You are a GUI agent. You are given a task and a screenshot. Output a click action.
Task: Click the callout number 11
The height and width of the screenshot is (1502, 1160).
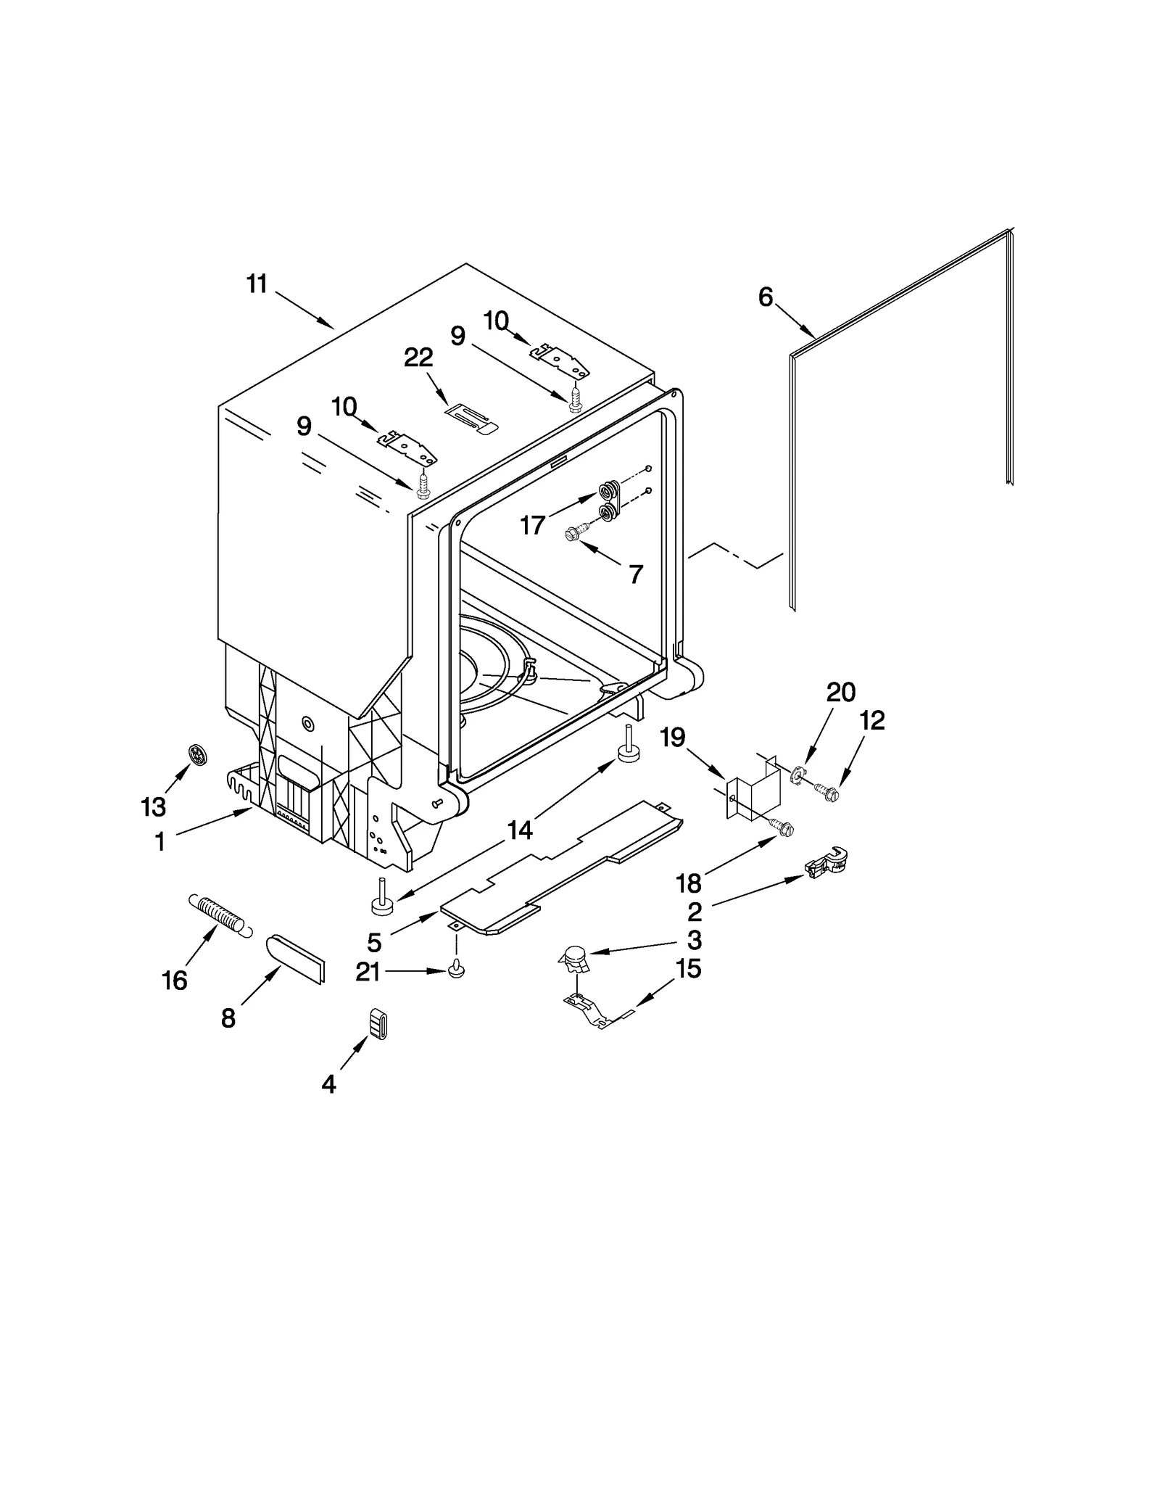tap(257, 284)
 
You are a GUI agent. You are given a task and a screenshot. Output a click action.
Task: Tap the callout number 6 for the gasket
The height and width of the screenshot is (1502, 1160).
tap(766, 297)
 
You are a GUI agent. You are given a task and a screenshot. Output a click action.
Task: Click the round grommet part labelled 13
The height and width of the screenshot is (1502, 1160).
tap(196, 756)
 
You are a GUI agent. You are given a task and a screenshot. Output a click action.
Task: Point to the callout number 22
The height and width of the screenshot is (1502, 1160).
tap(418, 358)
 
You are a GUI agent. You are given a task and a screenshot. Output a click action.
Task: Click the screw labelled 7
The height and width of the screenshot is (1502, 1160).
tap(571, 535)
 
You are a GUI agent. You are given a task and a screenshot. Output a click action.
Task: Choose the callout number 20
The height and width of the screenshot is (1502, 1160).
tap(841, 693)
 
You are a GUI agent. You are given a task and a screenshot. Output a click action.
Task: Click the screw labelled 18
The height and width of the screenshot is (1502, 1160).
tap(782, 828)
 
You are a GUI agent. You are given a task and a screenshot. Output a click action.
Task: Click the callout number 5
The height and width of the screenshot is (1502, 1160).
tap(374, 943)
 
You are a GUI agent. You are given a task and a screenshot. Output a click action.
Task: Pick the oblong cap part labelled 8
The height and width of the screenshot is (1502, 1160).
tap(296, 959)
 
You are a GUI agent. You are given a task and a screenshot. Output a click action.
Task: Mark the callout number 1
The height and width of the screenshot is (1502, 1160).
tap(159, 841)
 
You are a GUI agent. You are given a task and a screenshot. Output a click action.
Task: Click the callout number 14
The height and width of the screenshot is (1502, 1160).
tap(520, 830)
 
